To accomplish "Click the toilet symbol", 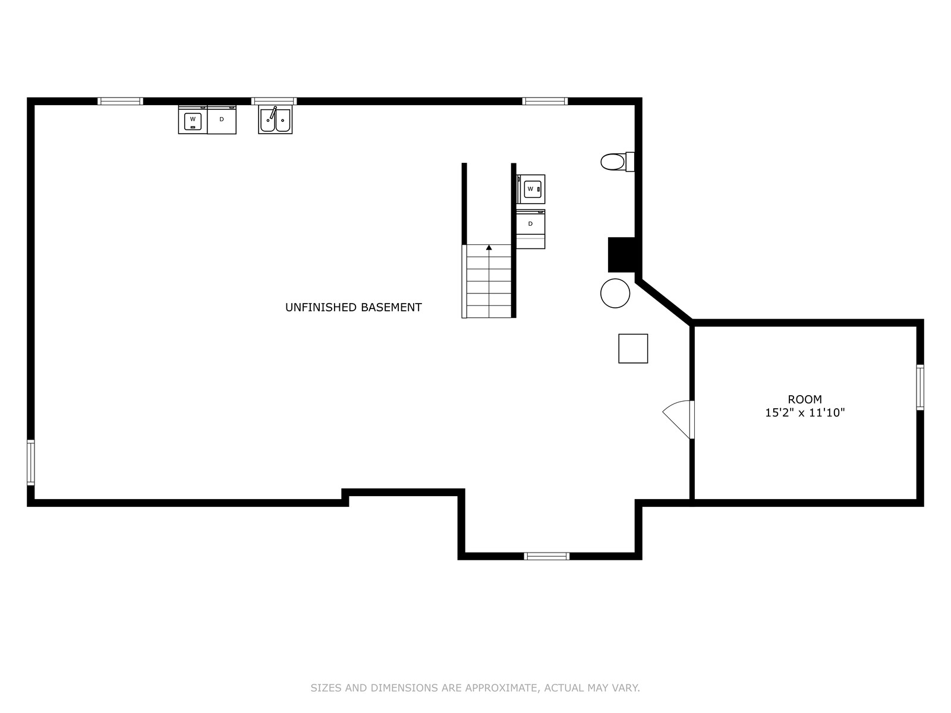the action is tap(618, 162).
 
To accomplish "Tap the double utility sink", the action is tap(275, 119).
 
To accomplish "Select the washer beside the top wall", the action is tap(193, 119).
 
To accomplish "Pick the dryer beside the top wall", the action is tap(222, 119).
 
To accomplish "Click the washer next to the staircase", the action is tap(531, 189).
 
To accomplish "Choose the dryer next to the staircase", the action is tap(531, 229).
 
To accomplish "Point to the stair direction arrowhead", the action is tap(489, 247).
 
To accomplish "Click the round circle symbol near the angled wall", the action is tap(615, 294).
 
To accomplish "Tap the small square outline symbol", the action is tap(633, 349).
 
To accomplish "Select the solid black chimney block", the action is tap(622, 254).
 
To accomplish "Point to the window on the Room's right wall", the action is tap(920, 387).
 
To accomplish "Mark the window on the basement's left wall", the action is tap(31, 462).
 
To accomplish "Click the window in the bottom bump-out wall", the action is tap(547, 556).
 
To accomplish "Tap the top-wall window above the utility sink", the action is tap(274, 101).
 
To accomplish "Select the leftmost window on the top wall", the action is tap(121, 101).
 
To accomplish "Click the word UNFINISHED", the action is tap(321, 307).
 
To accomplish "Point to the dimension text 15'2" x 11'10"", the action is tap(805, 412).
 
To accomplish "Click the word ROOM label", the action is tap(805, 399).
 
